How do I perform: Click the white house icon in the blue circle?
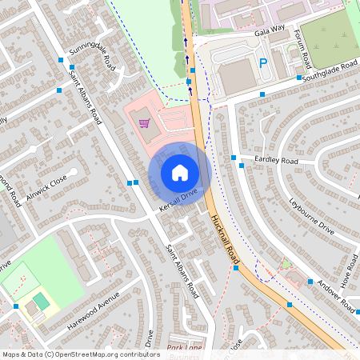click(x=180, y=173)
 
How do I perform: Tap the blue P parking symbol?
click(x=263, y=63)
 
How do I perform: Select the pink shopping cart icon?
click(x=144, y=123)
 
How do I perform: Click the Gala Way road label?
click(x=247, y=29)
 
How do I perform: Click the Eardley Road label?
click(x=275, y=161)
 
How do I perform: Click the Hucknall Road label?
click(x=226, y=240)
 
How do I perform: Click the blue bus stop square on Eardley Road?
click(x=233, y=158)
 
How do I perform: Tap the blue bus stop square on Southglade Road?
click(x=298, y=78)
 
